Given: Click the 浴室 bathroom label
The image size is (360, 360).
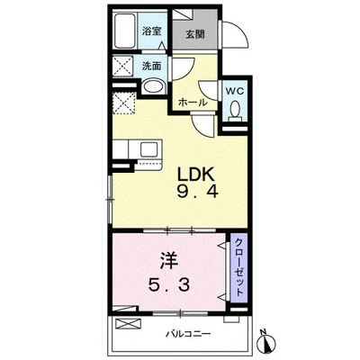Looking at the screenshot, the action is click(152, 31).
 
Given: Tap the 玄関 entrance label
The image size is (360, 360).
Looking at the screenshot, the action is click(194, 34).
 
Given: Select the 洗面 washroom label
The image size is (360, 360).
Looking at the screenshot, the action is click(151, 66).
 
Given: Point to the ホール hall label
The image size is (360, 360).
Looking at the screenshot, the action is click(193, 103).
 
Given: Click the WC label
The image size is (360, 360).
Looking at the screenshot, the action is click(235, 91).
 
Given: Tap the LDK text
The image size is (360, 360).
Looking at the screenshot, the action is click(196, 175).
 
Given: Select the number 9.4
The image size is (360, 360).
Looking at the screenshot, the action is click(197, 191).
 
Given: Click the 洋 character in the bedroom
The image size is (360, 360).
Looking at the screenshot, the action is click(169, 261).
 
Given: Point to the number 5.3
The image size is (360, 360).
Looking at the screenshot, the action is click(169, 284).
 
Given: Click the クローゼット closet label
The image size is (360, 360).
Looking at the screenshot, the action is click(238, 267).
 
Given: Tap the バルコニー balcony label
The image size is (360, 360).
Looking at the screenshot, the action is click(189, 334).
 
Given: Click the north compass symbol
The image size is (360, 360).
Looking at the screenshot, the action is click(265, 342).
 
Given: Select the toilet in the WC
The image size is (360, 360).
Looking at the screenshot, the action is click(235, 110).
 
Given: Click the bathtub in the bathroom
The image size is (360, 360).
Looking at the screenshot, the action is click(126, 31).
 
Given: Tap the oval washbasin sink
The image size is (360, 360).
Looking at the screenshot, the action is click(153, 86).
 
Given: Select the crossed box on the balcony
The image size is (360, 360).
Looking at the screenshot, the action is click(128, 324).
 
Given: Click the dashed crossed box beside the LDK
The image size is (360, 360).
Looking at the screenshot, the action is click(124, 103).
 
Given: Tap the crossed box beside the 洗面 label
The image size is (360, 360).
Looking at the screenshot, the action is click(123, 66).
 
